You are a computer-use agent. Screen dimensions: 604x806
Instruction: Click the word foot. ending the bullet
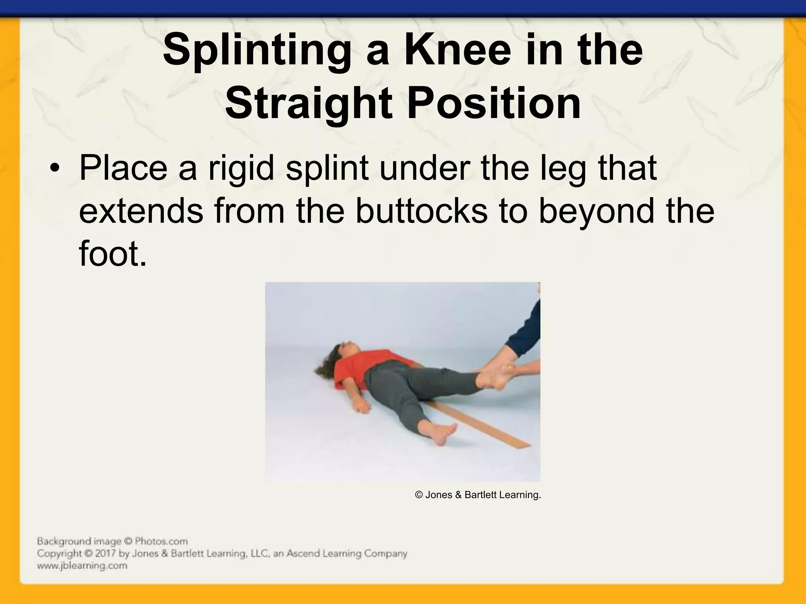pos(113,254)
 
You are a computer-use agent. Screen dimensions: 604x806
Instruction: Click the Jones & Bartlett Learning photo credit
pos(478,495)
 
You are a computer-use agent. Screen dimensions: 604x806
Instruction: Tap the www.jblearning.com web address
pos(82,566)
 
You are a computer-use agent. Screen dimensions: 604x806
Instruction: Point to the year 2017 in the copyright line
pos(105,554)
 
